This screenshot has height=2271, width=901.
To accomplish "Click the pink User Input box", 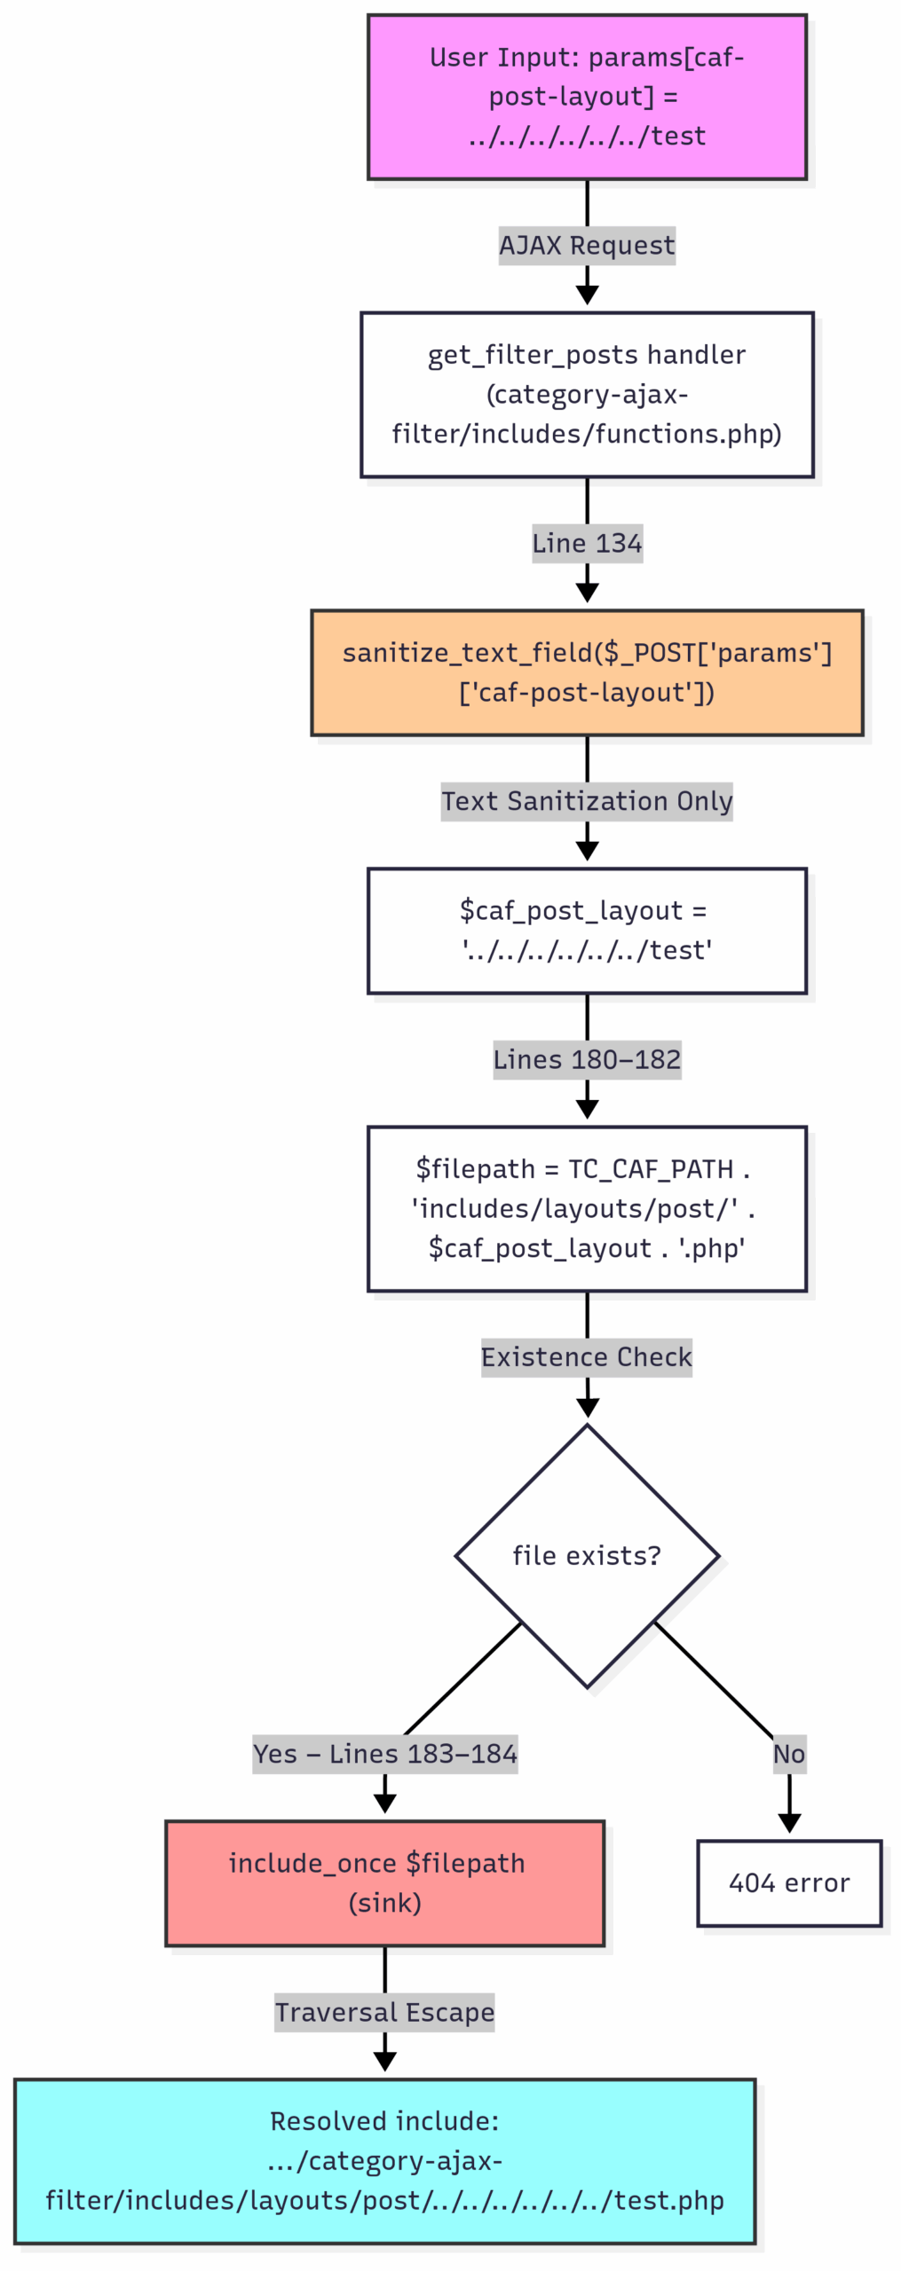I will coord(586,96).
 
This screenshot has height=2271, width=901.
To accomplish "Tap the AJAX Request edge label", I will coord(586,245).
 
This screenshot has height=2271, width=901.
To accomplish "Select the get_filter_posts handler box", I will coord(586,393).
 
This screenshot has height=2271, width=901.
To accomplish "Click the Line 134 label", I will coord(586,542).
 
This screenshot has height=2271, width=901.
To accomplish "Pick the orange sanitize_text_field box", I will coord(586,672).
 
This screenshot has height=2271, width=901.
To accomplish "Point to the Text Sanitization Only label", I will coord(586,800).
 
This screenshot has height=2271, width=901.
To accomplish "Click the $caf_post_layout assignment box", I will coord(586,930).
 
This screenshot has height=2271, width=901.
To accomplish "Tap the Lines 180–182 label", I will coord(586,1058).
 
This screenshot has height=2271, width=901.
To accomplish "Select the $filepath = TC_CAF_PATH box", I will coord(586,1207).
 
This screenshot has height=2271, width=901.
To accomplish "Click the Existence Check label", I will coord(586,1356).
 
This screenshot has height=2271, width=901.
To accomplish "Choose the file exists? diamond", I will coord(586,1555).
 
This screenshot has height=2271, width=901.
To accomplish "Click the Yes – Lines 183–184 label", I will coord(384,1753).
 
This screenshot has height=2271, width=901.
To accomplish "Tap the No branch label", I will coord(788,1753).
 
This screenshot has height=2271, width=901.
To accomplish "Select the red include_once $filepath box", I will coord(384,1882).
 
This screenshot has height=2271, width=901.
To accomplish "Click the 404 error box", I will coord(788,1882).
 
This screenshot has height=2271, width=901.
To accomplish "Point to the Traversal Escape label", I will coord(384,2011).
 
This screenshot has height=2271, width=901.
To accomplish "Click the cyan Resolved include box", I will coord(384,2160).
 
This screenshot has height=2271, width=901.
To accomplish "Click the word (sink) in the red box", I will coord(384,1903).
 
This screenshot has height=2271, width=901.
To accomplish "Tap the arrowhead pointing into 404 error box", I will coord(788,1823).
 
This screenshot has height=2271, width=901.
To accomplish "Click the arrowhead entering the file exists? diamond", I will coord(587,1408).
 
